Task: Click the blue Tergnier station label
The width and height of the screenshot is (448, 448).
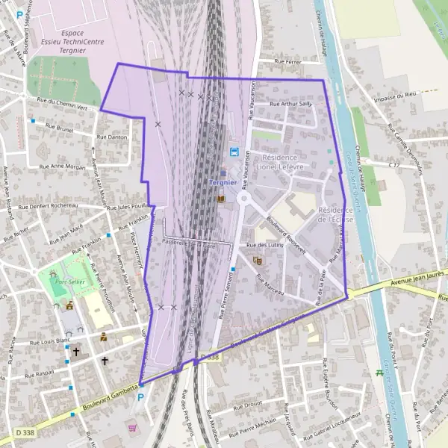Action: [223, 184]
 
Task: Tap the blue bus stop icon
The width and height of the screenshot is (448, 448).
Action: [234, 152]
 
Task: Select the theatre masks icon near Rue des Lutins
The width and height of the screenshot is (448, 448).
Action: [258, 261]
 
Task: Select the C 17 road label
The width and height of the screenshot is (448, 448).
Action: [395, 163]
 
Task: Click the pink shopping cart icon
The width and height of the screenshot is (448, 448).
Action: [133, 429]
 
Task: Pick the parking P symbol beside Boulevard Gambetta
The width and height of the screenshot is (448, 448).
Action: [140, 398]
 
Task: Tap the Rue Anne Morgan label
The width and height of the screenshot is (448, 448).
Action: [63, 167]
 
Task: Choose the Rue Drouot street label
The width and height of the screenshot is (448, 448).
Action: [246, 408]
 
